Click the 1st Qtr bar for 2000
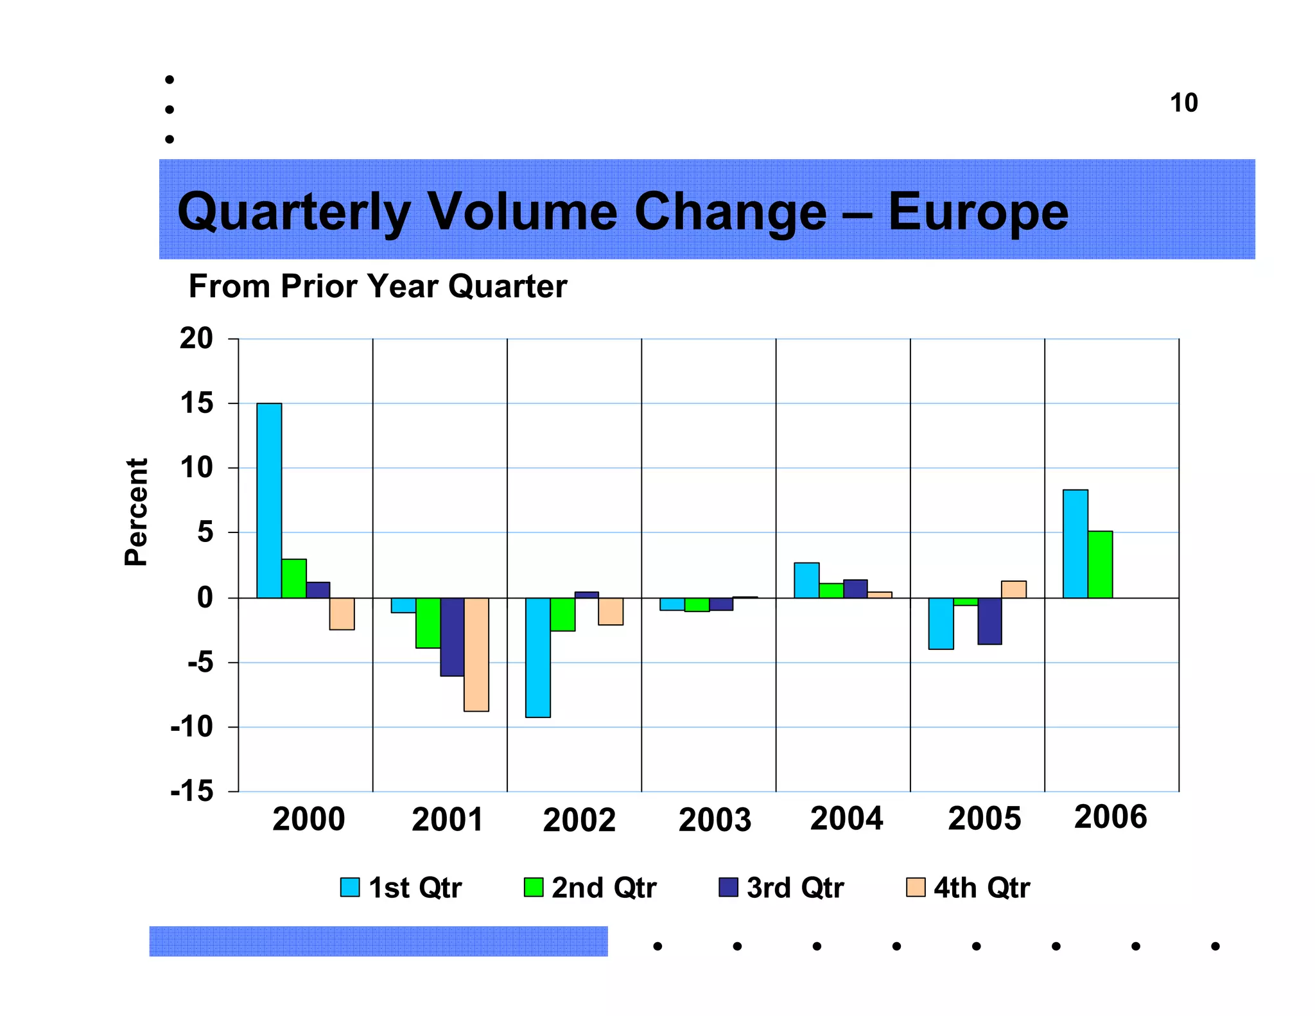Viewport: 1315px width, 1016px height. (x=269, y=500)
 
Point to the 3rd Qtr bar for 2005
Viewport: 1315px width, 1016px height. (x=989, y=620)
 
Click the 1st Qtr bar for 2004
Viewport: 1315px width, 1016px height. (x=806, y=580)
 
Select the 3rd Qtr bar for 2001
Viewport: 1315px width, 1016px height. (x=452, y=636)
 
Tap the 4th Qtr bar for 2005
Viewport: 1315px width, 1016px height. (x=1014, y=589)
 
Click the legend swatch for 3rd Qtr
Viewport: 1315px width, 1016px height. (x=728, y=887)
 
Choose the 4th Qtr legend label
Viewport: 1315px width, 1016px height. (x=981, y=888)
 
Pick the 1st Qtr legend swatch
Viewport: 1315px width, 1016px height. (x=350, y=887)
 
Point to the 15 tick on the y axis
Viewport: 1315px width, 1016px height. (x=196, y=403)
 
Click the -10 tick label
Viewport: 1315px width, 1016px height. (x=191, y=727)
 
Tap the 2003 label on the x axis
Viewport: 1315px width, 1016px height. (x=715, y=819)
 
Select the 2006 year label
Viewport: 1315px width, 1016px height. (x=1110, y=817)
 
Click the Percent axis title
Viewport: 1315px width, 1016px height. (x=136, y=512)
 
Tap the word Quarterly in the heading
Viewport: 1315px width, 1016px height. (x=293, y=213)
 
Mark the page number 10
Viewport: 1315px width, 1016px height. (x=1183, y=103)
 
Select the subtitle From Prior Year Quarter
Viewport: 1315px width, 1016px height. (x=378, y=286)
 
